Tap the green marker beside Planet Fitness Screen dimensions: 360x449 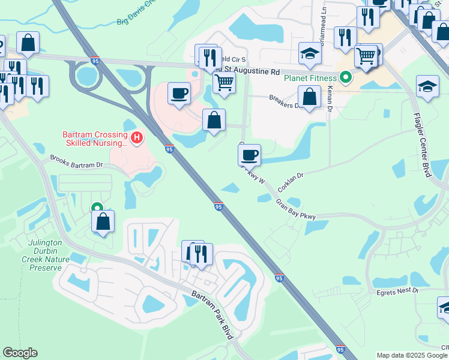pyautogui.click(x=345, y=77)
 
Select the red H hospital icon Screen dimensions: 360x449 pyautogui.click(x=137, y=139)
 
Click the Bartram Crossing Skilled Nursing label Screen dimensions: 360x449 pyautogui.click(x=95, y=139)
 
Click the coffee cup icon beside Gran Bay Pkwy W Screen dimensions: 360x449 pyautogui.click(x=249, y=155)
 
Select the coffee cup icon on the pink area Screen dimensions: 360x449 pyautogui.click(x=179, y=94)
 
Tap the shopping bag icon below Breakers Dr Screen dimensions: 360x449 pyautogui.click(x=309, y=97)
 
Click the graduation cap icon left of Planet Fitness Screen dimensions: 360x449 pyautogui.click(x=310, y=54)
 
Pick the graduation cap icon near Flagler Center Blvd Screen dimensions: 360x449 pyautogui.click(x=427, y=86)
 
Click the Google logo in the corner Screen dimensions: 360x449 pyautogui.click(x=20, y=353)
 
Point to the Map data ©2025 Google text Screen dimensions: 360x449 pyautogui.click(x=411, y=355)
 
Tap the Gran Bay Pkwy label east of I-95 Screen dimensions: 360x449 pyautogui.click(x=296, y=210)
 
